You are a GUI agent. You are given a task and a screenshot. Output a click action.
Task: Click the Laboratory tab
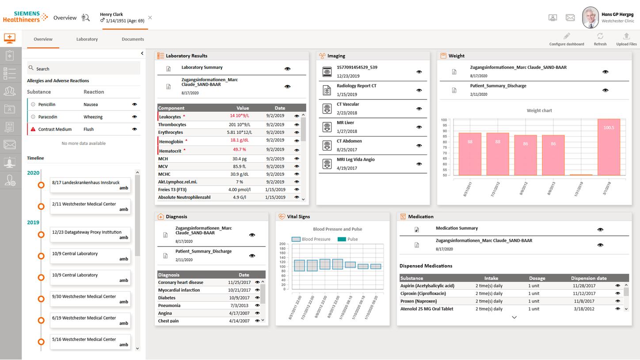click(87, 39)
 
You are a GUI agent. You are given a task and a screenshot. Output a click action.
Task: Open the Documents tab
click(133, 39)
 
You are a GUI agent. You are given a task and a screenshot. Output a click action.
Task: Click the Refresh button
click(600, 39)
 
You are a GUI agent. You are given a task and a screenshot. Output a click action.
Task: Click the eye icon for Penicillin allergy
click(134, 105)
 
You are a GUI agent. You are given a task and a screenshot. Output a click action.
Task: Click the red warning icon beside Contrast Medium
click(33, 129)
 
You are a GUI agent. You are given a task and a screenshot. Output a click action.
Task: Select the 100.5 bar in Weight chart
click(609, 147)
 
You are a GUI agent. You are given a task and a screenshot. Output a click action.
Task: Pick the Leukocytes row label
click(170, 117)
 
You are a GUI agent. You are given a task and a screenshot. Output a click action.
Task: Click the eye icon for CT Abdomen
click(419, 146)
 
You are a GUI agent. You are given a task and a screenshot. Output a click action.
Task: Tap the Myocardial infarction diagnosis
click(179, 290)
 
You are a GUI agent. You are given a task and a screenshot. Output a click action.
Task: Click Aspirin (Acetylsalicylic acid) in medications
click(427, 286)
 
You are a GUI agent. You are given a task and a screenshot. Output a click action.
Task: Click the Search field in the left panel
click(84, 68)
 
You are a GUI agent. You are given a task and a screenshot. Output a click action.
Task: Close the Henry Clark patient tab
click(150, 18)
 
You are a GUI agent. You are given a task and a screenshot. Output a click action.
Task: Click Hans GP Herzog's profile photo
click(590, 18)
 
